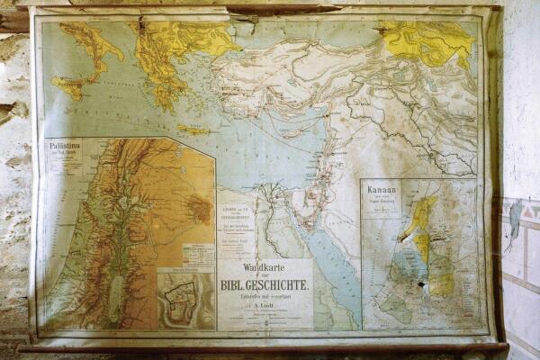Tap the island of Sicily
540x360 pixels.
69,86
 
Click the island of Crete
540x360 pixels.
193,129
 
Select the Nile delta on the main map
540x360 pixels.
269,194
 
